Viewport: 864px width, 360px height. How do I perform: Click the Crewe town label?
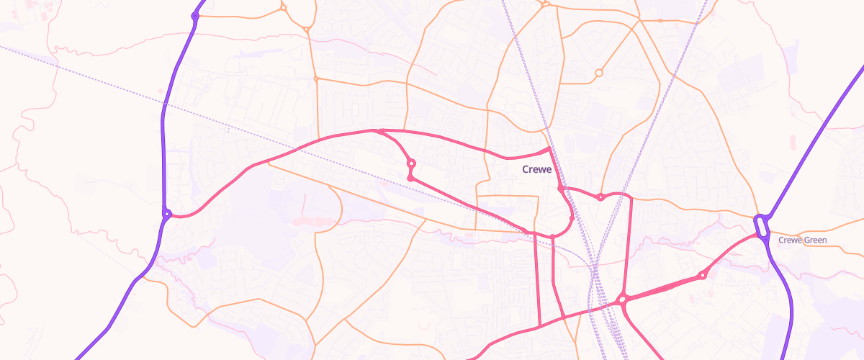point(536,170)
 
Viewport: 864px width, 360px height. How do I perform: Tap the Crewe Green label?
point(802,240)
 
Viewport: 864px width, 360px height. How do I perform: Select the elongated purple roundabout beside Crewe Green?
point(762,226)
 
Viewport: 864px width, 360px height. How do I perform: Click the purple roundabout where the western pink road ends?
point(166,213)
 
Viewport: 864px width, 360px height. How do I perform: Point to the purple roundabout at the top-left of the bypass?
point(195,16)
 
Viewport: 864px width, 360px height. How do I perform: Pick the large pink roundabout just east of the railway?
point(622,299)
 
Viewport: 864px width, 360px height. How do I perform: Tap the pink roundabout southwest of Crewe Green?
point(702,276)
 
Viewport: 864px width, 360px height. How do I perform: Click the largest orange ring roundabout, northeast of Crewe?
point(598,73)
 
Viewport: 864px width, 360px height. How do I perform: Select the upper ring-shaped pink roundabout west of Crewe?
point(411,163)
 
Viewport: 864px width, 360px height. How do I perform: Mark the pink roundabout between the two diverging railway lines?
point(600,197)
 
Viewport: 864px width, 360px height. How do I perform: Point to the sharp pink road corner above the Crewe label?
point(549,148)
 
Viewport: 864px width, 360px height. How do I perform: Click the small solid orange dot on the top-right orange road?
point(660,21)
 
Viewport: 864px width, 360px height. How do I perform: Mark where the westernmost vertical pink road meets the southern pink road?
point(539,326)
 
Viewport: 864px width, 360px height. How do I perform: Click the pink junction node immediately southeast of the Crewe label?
point(560,188)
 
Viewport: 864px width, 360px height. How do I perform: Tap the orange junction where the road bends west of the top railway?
point(546,4)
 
